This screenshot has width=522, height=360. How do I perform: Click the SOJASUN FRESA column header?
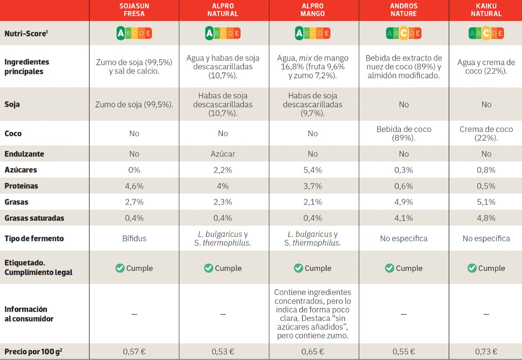click(x=134, y=10)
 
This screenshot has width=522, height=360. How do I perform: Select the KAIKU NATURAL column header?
click(x=486, y=10)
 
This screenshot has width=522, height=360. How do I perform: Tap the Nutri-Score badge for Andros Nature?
click(x=403, y=33)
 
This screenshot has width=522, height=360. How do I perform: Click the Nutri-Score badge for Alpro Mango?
click(x=312, y=33)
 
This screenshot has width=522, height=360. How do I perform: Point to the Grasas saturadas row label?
click(x=34, y=218)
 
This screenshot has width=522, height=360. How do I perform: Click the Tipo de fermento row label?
click(x=34, y=238)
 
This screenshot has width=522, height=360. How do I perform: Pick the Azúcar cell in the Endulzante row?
click(x=223, y=154)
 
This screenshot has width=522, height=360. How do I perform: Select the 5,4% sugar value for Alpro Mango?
click(x=312, y=170)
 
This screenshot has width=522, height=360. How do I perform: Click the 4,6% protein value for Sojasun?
click(x=134, y=186)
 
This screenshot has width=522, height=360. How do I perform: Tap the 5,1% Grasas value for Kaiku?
click(x=486, y=202)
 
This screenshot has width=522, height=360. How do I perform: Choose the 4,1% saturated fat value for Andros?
click(x=403, y=218)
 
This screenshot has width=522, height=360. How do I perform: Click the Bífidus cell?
click(x=134, y=238)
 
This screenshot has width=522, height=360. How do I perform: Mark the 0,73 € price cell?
click(x=486, y=352)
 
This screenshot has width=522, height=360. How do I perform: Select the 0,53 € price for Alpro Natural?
click(x=223, y=352)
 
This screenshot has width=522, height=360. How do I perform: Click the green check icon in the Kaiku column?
click(x=472, y=268)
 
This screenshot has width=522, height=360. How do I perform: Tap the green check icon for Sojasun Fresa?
click(x=120, y=268)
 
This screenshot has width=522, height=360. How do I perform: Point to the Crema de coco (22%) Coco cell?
click(x=486, y=133)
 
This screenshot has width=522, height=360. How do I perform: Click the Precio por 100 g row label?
click(x=33, y=352)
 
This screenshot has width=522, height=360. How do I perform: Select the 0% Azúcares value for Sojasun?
click(x=134, y=170)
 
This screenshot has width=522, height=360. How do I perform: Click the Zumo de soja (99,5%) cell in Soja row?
click(x=134, y=104)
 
